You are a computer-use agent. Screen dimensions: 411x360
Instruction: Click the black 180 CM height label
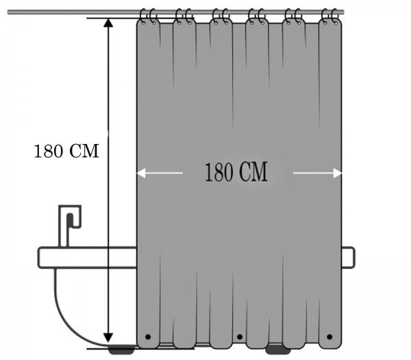point(66,151)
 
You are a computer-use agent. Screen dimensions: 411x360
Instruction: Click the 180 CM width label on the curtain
point(236,172)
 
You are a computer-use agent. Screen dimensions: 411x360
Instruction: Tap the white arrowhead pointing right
point(337,173)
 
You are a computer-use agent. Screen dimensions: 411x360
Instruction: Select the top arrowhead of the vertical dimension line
point(108,23)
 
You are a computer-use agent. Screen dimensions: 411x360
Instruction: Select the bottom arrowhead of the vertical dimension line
point(108,337)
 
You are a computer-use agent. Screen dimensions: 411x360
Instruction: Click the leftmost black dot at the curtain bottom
point(148,337)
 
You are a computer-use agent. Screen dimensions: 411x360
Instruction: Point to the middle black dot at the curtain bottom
point(240,337)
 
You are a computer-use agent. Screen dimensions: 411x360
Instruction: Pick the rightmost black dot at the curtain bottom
point(329,337)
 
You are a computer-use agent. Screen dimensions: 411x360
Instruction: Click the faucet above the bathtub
point(68,226)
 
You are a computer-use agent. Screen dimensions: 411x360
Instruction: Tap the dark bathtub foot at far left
point(121,350)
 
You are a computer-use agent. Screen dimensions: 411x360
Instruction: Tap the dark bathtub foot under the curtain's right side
point(278,350)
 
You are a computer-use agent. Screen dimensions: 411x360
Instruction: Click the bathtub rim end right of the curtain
point(349,257)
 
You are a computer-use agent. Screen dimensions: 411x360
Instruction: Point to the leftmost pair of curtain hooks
point(147,16)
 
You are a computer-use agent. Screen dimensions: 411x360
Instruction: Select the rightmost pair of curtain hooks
point(330,16)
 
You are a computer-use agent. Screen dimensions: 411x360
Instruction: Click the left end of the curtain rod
point(8,12)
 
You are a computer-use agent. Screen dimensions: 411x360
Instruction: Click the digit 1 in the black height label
point(38,152)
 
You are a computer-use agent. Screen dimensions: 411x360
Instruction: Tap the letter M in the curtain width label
point(260,172)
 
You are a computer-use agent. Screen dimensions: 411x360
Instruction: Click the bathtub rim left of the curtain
point(87,258)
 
